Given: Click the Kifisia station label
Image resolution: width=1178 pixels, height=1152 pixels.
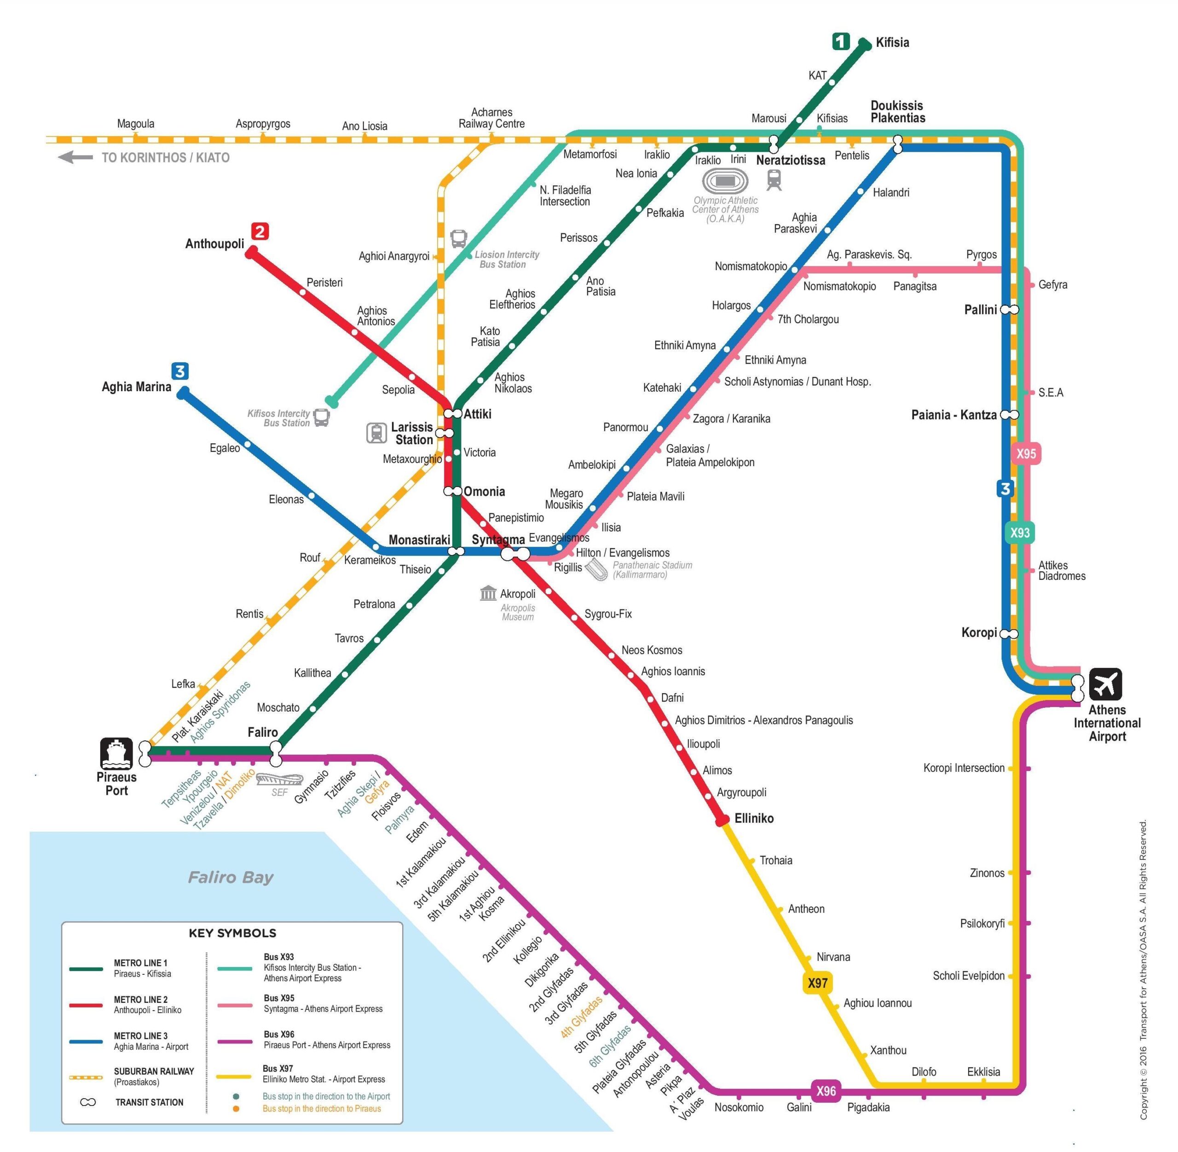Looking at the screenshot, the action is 892,42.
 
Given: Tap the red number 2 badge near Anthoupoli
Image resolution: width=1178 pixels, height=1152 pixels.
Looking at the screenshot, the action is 260,231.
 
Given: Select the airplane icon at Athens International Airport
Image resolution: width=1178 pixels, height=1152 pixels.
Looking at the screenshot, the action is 1105,683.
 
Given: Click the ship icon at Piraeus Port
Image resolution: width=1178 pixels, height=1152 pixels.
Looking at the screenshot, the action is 116,753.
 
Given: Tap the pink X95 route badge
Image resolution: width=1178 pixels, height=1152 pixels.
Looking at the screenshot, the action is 1026,454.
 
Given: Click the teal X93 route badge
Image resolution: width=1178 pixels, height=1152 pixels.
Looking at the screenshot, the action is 1020,533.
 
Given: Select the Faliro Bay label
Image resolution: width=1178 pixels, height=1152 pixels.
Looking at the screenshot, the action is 231,877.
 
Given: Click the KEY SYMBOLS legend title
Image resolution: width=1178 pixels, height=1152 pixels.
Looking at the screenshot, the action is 232,932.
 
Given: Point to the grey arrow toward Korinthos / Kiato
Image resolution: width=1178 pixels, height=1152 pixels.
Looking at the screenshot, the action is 75,157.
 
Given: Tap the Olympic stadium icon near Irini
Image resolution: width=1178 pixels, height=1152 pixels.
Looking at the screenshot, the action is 725,181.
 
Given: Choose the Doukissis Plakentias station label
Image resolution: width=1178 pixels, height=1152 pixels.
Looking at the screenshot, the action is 897,112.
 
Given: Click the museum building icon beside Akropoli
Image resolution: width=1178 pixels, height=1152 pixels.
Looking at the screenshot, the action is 488,593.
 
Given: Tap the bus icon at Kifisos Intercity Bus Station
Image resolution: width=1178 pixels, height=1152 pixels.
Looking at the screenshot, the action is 321,417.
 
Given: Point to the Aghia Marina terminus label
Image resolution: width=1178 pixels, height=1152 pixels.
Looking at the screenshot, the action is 136,387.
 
